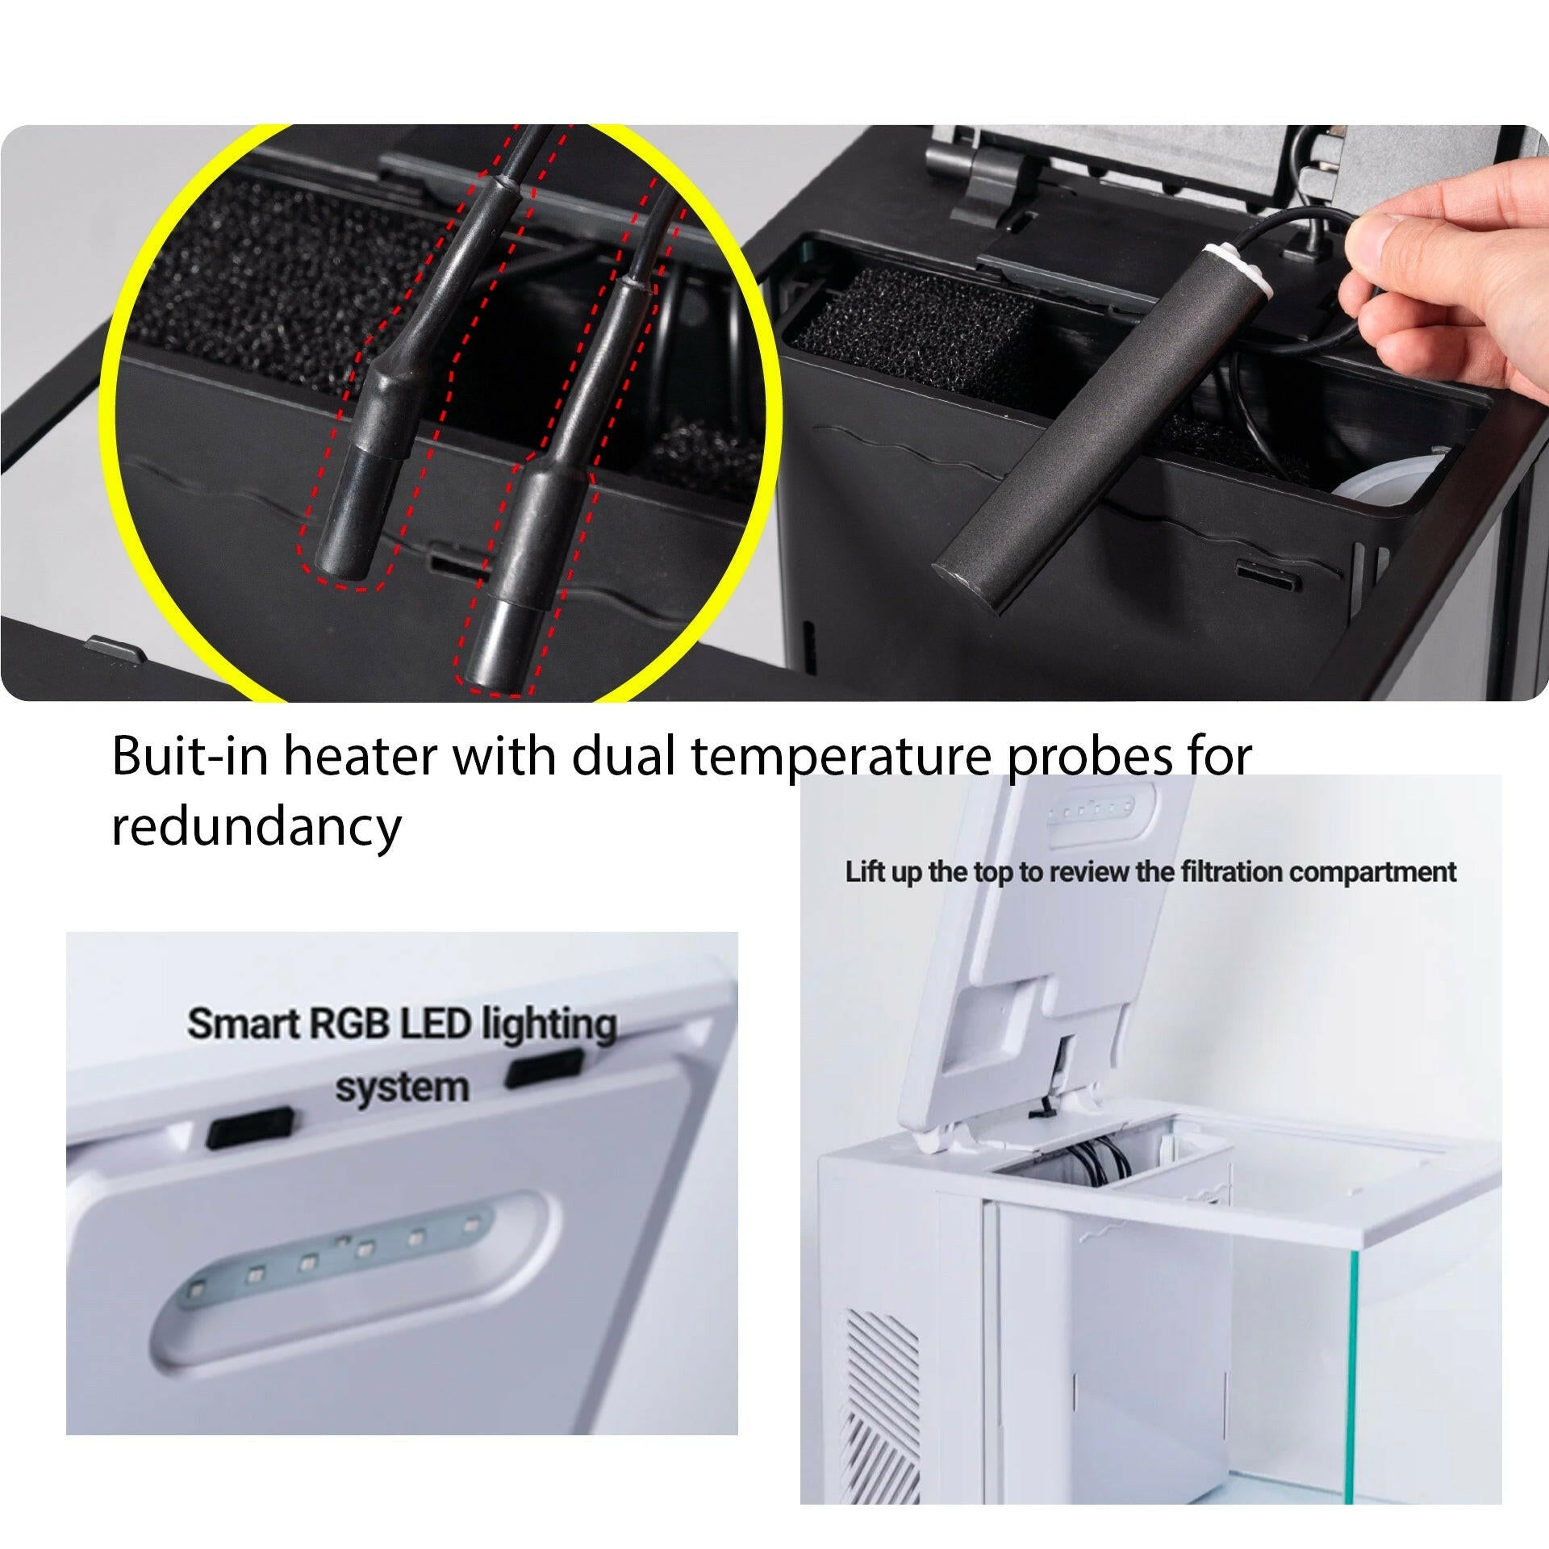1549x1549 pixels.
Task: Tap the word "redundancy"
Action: [x=256, y=827]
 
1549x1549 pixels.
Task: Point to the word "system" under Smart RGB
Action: [x=402, y=1088]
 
